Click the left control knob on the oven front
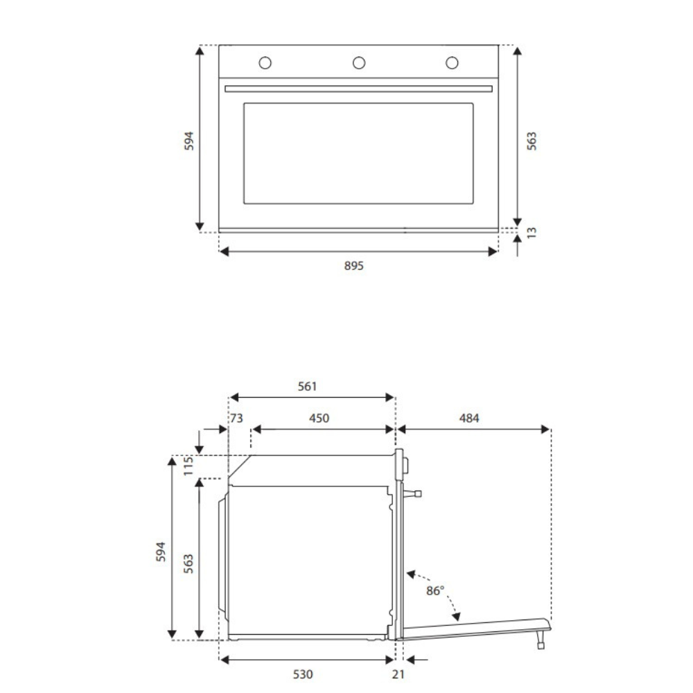(265, 63)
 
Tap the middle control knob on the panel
(359, 63)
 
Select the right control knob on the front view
(452, 63)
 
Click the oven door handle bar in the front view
(358, 89)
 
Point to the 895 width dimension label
(353, 265)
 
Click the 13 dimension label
(532, 232)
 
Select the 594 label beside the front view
(188, 141)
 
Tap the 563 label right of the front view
(532, 141)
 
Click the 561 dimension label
(307, 386)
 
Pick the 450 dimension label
(319, 418)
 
